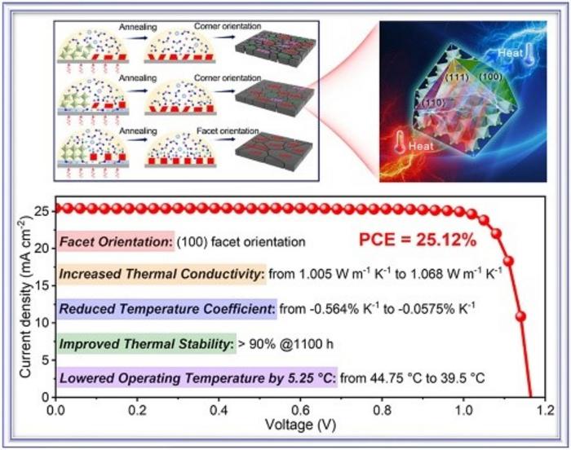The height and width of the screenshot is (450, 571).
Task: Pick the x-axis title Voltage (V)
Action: click(x=299, y=425)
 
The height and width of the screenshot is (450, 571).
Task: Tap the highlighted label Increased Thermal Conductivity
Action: click(x=162, y=276)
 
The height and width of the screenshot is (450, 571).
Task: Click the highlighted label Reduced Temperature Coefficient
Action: click(x=160, y=309)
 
